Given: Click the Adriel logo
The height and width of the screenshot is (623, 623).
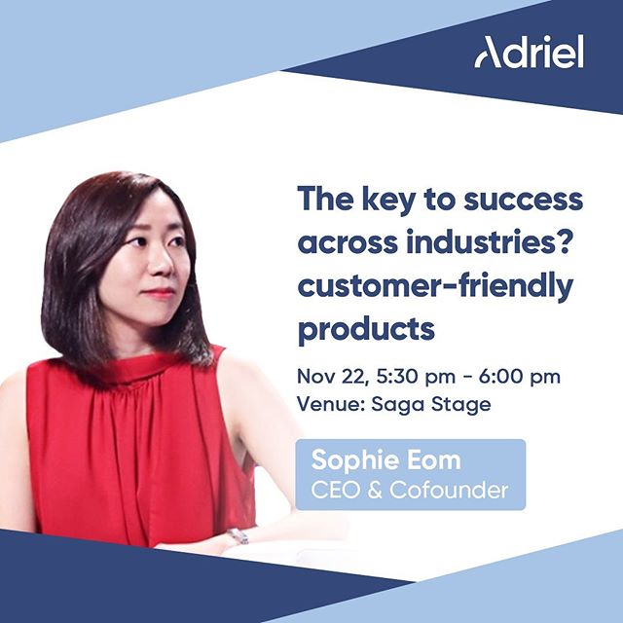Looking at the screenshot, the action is (x=529, y=52).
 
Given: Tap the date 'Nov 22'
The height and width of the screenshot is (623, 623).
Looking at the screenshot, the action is (x=331, y=377).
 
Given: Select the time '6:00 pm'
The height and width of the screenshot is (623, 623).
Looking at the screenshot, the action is (x=520, y=377).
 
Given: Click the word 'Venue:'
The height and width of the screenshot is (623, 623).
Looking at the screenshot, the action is (x=331, y=405).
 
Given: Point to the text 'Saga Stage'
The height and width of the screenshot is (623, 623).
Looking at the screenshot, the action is (x=431, y=405).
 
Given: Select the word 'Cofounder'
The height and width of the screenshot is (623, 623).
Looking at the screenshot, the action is (x=449, y=490).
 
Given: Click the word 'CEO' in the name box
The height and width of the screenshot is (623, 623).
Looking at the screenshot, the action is (x=335, y=490).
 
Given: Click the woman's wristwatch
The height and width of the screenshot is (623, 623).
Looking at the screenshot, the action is (x=238, y=536).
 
